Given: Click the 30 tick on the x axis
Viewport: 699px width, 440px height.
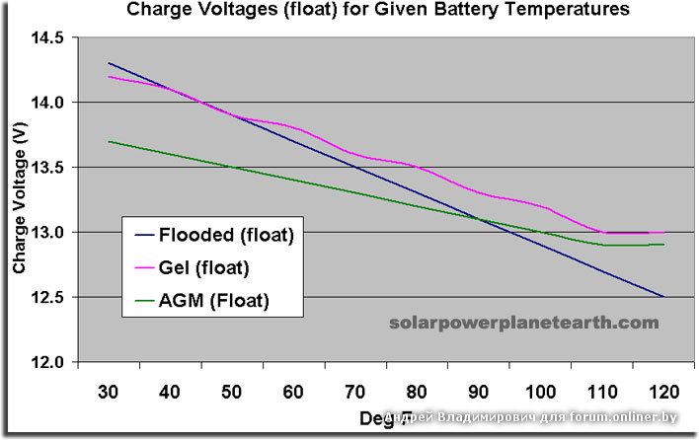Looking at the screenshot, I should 109,394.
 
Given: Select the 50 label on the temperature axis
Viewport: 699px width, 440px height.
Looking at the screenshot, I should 232,394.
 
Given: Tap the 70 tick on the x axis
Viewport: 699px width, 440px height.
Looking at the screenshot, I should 355,394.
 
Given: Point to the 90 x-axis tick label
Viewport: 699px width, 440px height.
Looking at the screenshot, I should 479,394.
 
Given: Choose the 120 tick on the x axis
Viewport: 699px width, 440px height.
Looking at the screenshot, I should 663,394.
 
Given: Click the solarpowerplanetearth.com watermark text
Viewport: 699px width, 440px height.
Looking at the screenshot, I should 523,323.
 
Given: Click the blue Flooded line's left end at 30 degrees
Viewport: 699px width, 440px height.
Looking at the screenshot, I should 109,63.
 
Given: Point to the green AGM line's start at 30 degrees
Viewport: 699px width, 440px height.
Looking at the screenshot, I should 109,141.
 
